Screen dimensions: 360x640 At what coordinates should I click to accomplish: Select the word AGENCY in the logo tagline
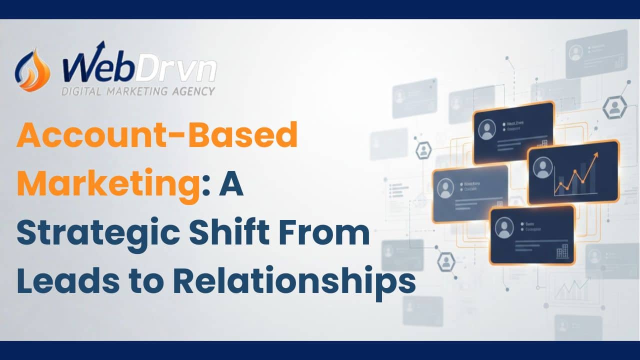[196, 91]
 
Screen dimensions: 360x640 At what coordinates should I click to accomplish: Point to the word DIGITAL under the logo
[81, 91]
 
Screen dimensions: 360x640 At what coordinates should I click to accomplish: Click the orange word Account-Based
[156, 136]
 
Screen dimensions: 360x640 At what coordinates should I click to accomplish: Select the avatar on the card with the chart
[542, 167]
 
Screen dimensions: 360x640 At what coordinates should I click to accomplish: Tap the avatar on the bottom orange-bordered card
[504, 227]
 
